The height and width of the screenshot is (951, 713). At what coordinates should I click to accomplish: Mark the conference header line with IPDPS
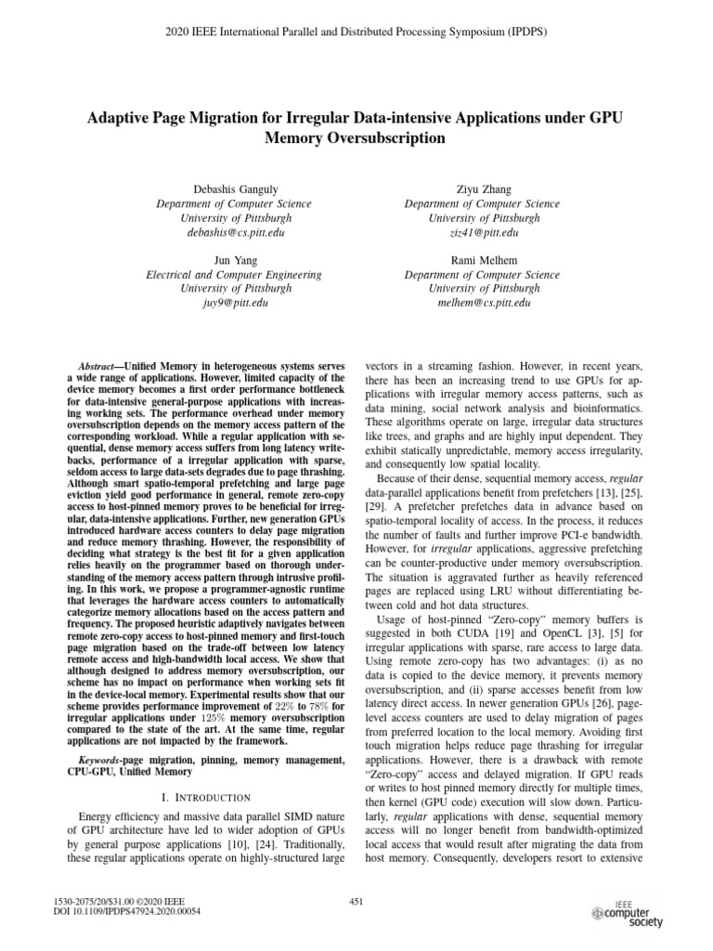[x=356, y=31]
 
